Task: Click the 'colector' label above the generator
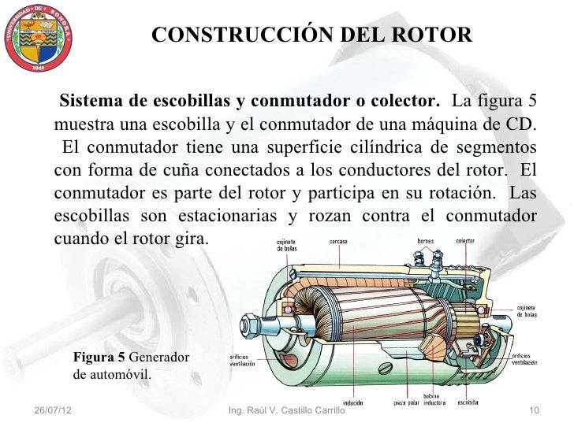click(465, 241)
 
